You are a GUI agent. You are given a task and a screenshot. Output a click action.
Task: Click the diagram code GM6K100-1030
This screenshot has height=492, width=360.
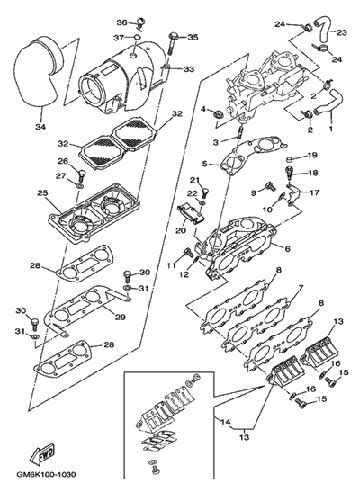tap(46, 474)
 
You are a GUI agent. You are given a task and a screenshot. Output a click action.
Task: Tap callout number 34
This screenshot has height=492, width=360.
tap(40, 127)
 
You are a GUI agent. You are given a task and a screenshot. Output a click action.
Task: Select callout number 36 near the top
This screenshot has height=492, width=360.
tap(122, 22)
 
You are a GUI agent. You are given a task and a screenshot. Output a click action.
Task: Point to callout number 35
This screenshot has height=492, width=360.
tap(193, 38)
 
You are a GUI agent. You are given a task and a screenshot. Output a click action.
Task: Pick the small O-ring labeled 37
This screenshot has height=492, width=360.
tap(136, 38)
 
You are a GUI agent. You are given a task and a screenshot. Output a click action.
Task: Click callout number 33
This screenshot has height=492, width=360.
tap(189, 69)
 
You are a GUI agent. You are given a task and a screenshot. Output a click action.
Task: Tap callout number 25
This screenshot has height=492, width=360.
tap(42, 193)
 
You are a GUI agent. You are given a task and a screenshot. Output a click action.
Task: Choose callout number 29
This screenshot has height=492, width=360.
tap(121, 318)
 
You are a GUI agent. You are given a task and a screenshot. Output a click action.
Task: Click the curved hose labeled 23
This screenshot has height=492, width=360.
tap(321, 31)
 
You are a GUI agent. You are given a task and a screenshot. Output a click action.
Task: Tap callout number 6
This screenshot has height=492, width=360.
tap(287, 249)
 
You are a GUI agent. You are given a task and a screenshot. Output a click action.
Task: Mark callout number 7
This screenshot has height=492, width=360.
tap(301, 288)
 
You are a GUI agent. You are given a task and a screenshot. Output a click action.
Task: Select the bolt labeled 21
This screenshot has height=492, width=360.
tap(205, 192)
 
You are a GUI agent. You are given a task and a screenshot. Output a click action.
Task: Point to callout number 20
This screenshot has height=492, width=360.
tap(181, 230)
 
